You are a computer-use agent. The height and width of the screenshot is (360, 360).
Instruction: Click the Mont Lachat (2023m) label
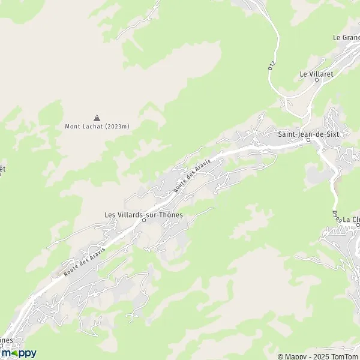tap(97, 126)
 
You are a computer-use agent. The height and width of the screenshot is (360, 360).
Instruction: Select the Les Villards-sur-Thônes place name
tap(143, 214)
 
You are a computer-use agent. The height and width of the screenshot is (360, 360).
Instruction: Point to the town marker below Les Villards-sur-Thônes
tap(144, 220)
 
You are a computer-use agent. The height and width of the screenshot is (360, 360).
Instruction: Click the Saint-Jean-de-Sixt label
tap(308, 134)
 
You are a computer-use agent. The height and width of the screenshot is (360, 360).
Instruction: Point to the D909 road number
tap(337, 215)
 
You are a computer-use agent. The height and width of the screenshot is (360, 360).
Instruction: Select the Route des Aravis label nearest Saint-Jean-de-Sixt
tap(187, 178)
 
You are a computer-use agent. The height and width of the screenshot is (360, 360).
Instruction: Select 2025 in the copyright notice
tap(317, 356)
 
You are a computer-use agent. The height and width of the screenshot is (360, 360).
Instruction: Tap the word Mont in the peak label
tap(72, 126)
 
